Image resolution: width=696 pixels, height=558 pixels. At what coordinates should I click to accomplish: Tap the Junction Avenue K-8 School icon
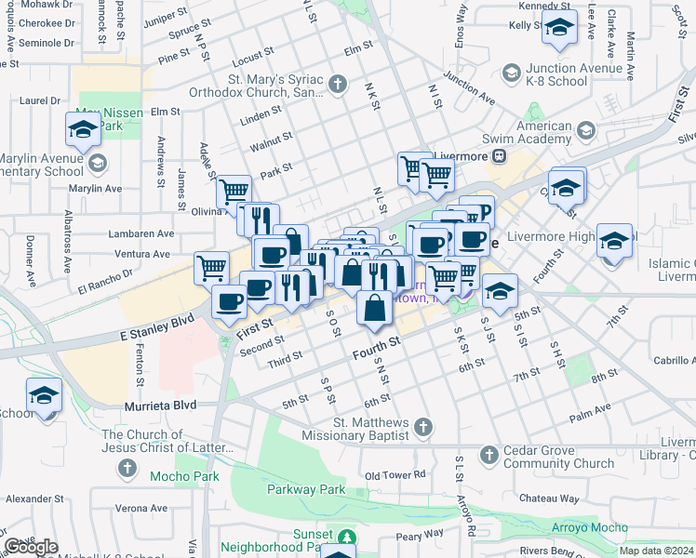(511, 72)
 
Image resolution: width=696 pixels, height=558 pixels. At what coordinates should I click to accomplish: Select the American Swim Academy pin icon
(585, 129)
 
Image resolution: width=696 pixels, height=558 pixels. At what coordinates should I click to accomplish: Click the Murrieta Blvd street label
(161, 406)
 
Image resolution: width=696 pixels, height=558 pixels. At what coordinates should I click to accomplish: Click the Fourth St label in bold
(376, 349)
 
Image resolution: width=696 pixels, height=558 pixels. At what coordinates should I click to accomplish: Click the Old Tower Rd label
(395, 475)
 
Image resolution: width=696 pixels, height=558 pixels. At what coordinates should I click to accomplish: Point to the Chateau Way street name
(549, 498)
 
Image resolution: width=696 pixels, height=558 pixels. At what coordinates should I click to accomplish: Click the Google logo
(31, 547)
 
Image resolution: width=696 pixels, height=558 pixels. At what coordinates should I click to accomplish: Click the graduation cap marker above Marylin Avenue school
(83, 129)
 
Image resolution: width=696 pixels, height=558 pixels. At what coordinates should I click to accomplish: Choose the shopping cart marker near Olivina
(234, 192)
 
